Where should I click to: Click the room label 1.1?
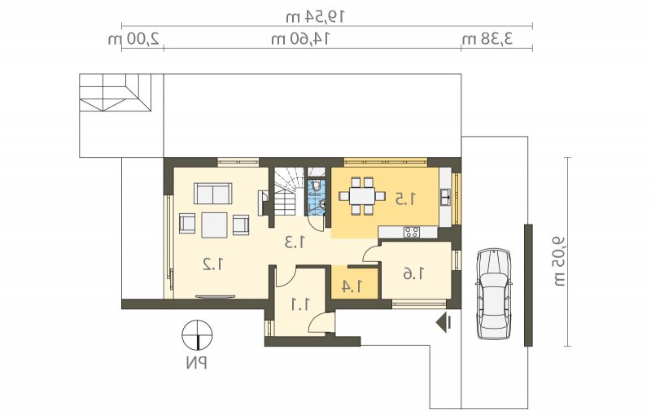pos(299,305)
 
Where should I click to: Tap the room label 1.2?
pos(213,264)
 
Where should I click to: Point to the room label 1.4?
pos(352,286)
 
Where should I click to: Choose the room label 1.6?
pos(414,273)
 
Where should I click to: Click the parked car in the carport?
pos(493,293)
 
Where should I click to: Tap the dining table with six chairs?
pos(362,196)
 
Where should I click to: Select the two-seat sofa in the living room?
pos(212,194)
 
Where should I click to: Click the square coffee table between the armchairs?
pos(214,225)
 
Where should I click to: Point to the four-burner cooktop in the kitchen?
pos(412,232)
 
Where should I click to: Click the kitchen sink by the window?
pos(445,197)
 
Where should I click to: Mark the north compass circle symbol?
pos(197,334)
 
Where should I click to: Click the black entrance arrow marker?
pos(444,322)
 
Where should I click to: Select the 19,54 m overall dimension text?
pos(316,17)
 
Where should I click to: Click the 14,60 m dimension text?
pos(300,39)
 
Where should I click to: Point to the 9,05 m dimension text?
pos(559,262)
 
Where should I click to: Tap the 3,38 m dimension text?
pos(487,39)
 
